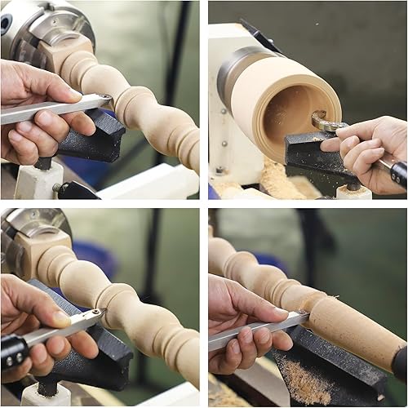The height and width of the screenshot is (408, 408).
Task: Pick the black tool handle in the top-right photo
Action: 398,173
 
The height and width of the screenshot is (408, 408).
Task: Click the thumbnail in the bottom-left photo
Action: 61,317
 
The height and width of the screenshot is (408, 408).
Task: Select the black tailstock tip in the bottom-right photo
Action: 400,363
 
